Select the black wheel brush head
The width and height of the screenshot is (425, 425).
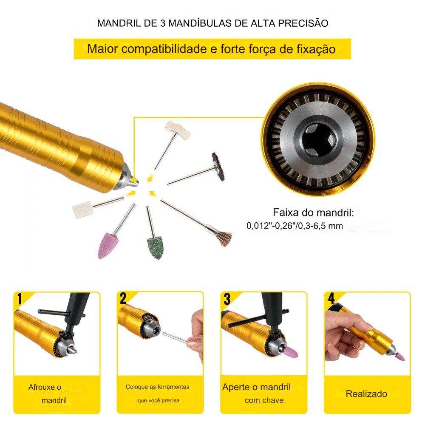pos(218,167)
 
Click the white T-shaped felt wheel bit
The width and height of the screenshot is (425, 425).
pos(178,129)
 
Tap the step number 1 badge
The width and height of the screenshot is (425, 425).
pos(20,299)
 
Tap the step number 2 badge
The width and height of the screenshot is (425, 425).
pos(123,298)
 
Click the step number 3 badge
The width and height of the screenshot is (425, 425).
pos(227,299)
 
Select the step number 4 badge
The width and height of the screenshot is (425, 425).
pos(331,298)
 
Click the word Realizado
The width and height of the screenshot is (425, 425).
pos(366,394)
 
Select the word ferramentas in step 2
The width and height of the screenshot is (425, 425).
pos(173,387)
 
